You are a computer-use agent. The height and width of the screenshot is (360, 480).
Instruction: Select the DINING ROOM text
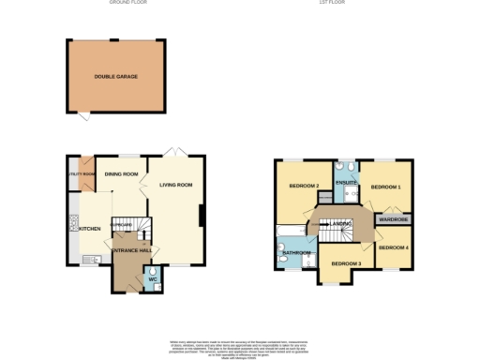click(x=122, y=174)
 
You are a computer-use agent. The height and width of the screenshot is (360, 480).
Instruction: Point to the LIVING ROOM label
click(x=176, y=185)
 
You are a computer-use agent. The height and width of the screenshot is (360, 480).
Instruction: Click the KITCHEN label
click(x=89, y=228)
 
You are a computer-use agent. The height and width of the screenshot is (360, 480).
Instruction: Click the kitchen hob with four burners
click(x=73, y=224)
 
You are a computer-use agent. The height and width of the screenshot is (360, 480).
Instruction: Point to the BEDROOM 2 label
click(x=304, y=186)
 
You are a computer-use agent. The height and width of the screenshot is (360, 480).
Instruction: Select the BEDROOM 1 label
click(x=385, y=187)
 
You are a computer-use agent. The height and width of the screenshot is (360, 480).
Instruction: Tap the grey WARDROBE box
click(x=393, y=219)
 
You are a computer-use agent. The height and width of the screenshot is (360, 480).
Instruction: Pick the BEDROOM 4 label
click(x=393, y=247)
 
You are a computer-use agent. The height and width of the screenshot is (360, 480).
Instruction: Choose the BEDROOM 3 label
click(x=345, y=263)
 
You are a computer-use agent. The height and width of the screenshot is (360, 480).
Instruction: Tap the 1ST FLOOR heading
click(x=333, y=4)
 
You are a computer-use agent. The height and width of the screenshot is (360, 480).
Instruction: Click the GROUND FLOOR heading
click(x=127, y=4)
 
